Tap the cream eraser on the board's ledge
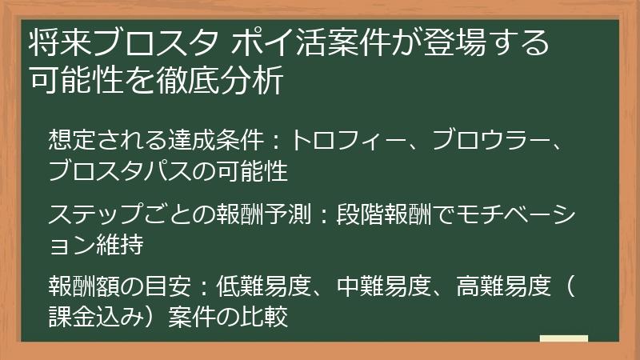pyautogui.click(x=563, y=338)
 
